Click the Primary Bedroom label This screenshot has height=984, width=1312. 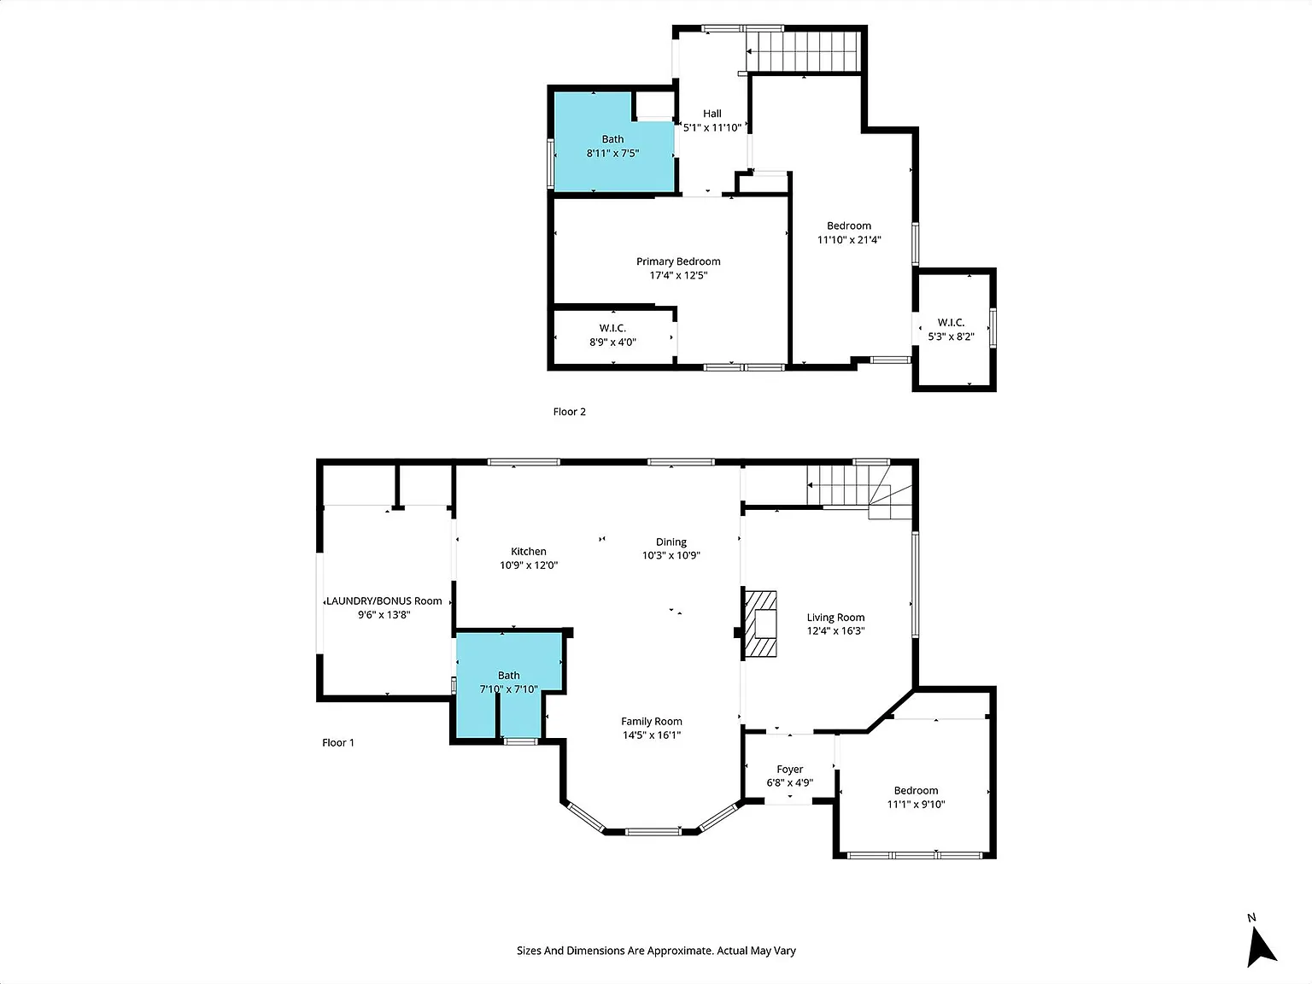(678, 261)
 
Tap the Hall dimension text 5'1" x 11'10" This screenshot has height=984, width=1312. (712, 127)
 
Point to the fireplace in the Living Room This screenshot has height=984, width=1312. (760, 624)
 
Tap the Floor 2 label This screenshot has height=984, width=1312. (569, 412)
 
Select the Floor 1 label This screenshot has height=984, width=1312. (337, 742)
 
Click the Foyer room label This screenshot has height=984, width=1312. (789, 769)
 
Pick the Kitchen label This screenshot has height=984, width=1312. (529, 551)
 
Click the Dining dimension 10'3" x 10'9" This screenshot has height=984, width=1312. (671, 555)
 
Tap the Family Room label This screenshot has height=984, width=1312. (652, 721)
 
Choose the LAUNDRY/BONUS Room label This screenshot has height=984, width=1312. (384, 601)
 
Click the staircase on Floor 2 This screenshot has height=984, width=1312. (803, 51)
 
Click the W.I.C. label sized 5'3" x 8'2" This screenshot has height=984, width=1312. (951, 323)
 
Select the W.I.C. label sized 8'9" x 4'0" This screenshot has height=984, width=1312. (612, 328)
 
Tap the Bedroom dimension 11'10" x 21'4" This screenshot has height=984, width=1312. (849, 239)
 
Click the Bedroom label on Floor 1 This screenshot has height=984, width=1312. (916, 790)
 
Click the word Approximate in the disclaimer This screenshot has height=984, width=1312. (680, 951)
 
